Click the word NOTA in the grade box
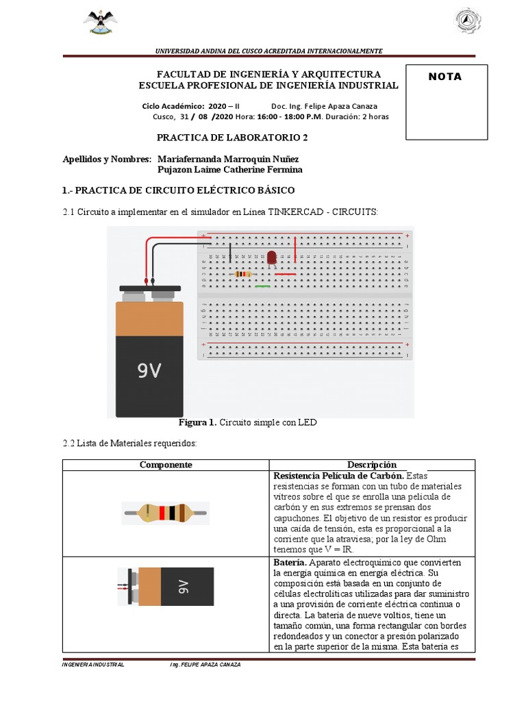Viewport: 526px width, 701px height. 445,77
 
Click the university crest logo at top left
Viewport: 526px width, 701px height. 100,22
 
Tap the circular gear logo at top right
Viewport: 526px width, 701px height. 468,21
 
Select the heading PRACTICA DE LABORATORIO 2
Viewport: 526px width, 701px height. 232,137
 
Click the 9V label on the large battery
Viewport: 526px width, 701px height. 149,370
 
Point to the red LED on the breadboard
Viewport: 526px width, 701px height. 271,257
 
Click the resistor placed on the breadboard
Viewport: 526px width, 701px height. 242,274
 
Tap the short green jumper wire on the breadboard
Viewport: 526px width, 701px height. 262,286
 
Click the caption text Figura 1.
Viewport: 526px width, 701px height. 197,422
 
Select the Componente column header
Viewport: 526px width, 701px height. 166,465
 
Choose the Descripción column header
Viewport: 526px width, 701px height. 371,465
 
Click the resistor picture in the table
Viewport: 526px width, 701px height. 166,513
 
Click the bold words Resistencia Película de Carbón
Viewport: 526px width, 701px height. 338,475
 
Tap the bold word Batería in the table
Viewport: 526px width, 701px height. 290,562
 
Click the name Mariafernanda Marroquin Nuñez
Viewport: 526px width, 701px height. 228,159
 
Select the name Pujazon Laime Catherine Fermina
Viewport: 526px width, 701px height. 229,170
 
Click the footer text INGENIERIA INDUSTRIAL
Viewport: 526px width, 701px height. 93,665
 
